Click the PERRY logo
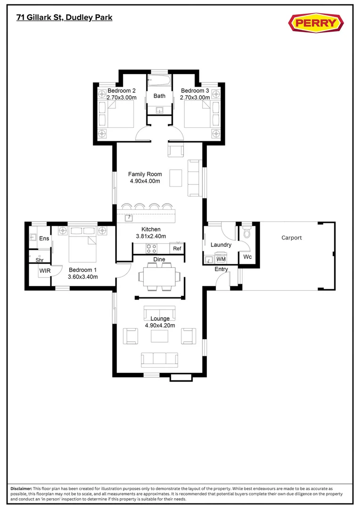tap(315, 23)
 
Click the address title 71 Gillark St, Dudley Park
tap(64, 17)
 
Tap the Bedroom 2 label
tap(122, 90)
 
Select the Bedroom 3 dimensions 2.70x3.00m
tap(195, 98)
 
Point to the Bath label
tap(159, 96)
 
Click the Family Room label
tap(145, 174)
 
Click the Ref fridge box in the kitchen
tap(177, 248)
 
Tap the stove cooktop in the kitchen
tap(152, 248)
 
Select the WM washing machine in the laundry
tap(221, 259)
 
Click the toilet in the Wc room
tap(247, 233)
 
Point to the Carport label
tap(291, 238)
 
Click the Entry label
tap(221, 269)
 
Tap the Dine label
tap(159, 260)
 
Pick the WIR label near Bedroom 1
tap(45, 271)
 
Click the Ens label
tap(44, 238)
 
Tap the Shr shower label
tap(39, 260)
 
